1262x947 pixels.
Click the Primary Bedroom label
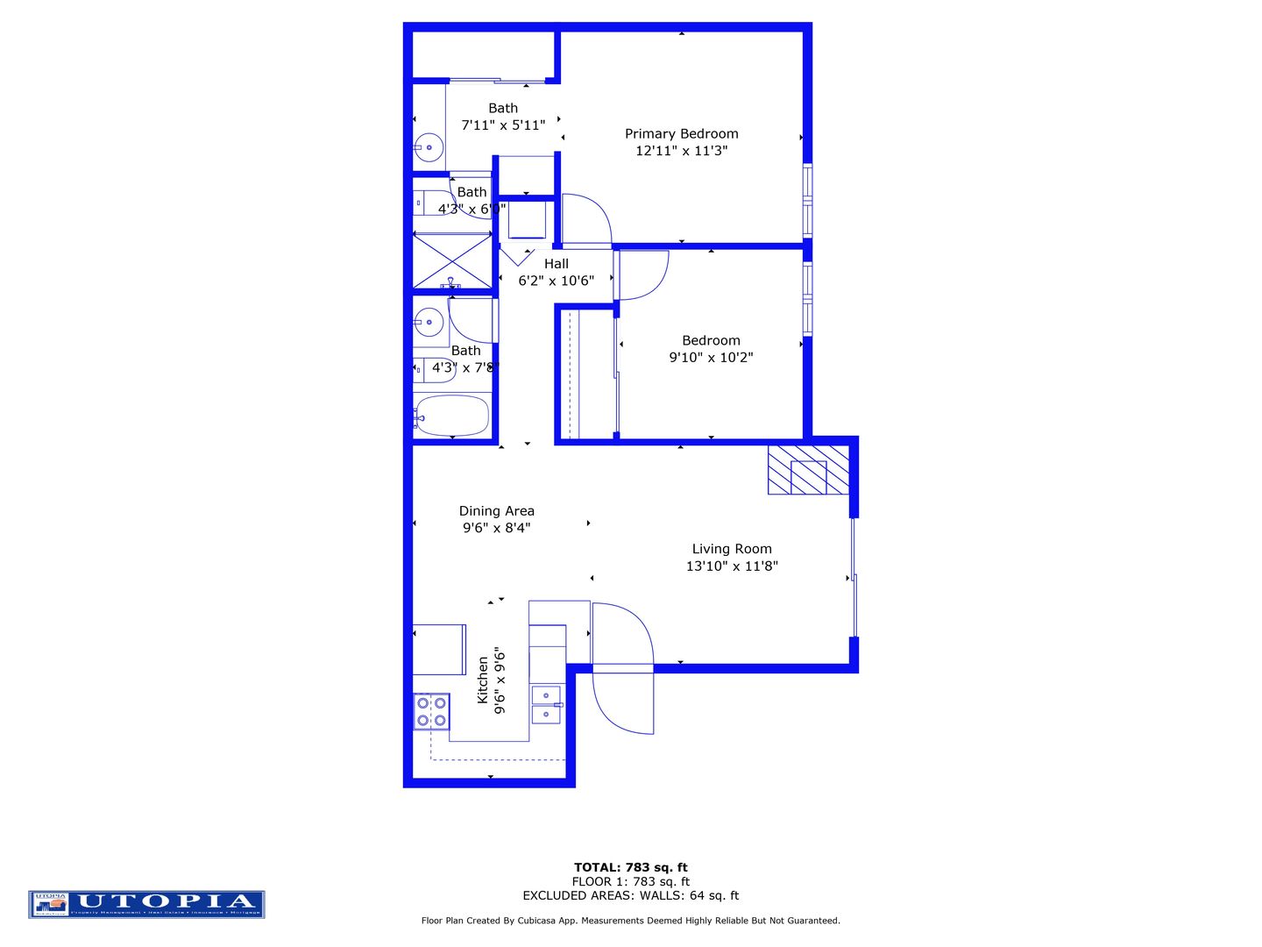point(681,133)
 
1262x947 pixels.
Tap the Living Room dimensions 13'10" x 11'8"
point(732,566)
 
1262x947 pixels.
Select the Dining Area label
point(496,511)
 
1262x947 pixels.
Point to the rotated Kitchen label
point(482,680)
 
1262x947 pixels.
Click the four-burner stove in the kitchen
point(431,711)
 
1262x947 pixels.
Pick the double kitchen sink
point(546,705)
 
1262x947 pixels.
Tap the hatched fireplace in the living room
point(808,470)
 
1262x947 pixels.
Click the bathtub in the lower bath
point(451,416)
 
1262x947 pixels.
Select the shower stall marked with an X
point(452,260)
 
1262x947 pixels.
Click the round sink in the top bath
point(429,147)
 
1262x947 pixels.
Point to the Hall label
point(556,264)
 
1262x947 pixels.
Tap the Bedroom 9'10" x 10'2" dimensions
point(711,358)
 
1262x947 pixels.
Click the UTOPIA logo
point(146,904)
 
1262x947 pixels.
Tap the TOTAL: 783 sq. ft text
point(630,867)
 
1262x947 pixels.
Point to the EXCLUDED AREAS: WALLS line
point(630,895)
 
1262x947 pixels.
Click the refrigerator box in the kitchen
point(439,649)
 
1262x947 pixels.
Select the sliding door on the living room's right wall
point(853,577)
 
